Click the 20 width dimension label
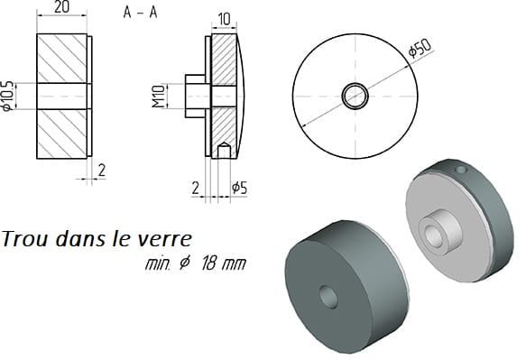click(61, 7)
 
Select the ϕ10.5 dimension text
click(7, 96)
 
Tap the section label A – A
click(140, 13)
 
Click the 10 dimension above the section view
click(224, 19)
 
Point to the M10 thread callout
click(159, 97)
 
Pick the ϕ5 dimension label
click(239, 188)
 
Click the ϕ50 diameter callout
click(420, 49)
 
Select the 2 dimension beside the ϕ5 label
click(196, 189)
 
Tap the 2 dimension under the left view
click(102, 171)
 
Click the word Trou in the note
click(24, 239)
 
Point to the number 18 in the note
click(208, 264)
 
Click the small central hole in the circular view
click(355, 97)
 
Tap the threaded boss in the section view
click(195, 97)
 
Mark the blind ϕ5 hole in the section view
click(224, 150)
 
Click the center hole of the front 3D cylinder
click(328, 297)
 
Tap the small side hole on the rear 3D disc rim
click(461, 170)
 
